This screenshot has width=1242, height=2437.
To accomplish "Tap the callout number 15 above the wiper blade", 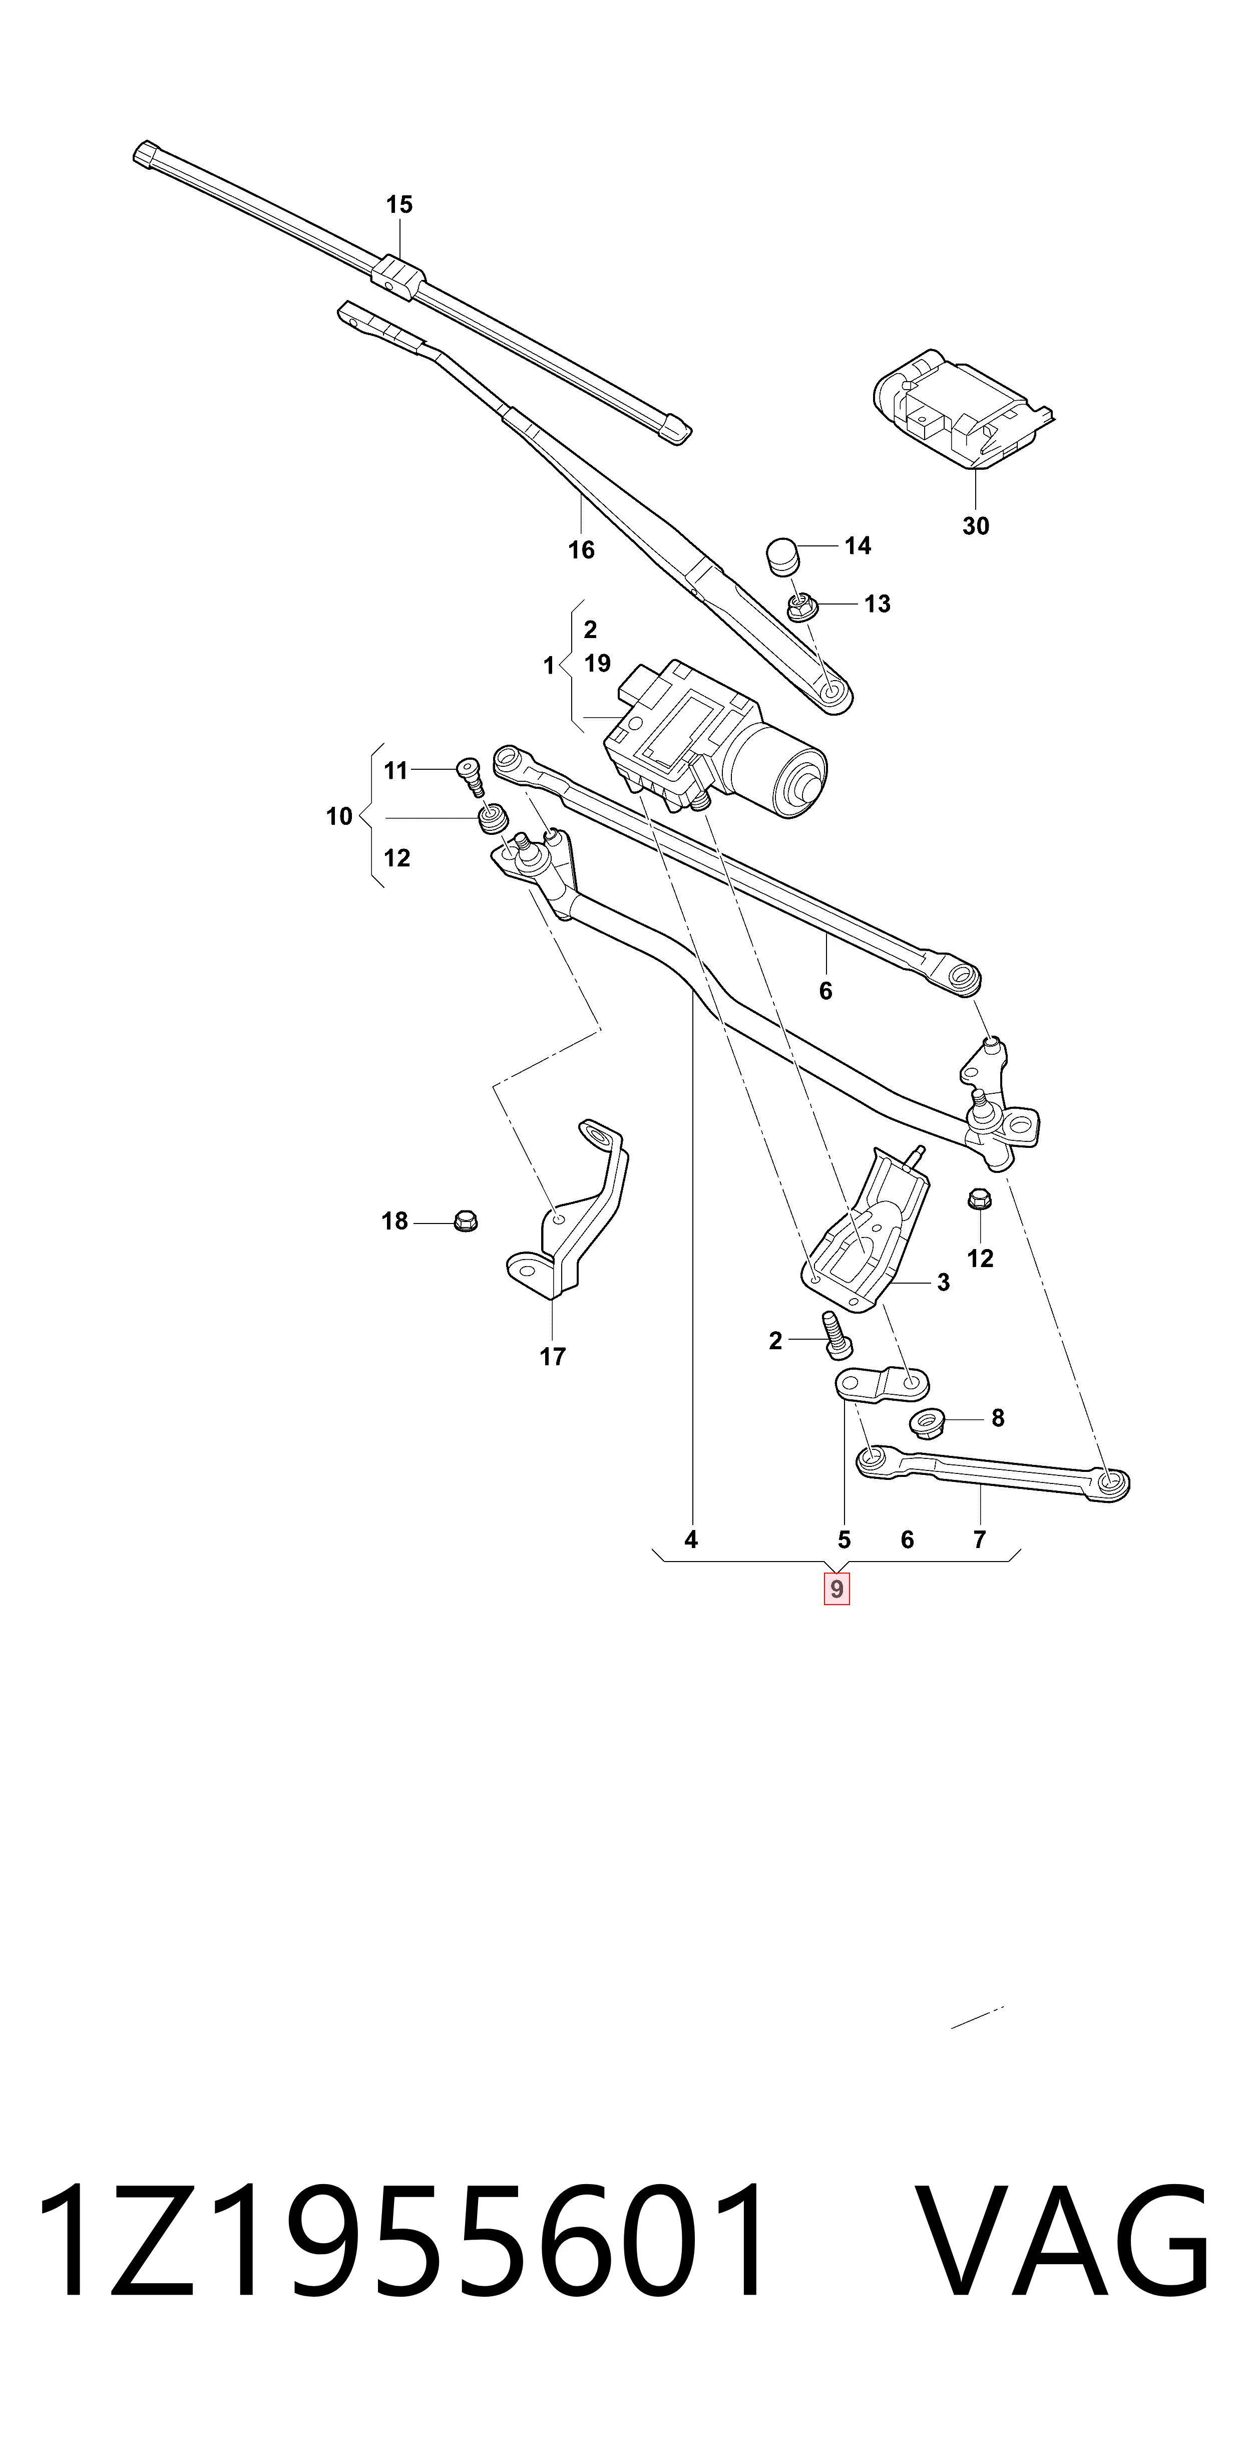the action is point(399,204).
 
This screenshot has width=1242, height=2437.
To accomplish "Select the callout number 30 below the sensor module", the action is point(975,526).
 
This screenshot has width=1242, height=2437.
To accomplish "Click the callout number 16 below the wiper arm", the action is point(581,549).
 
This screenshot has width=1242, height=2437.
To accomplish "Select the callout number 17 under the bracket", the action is point(553,1357).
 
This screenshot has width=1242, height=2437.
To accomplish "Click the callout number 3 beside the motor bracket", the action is point(943,1282).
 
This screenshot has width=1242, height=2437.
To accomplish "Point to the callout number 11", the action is point(395,771).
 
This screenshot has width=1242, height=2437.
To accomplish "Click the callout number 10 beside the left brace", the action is point(338,816).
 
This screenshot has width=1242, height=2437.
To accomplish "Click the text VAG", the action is point(1064,2239).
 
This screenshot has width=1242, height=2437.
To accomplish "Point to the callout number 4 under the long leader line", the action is point(691,1540).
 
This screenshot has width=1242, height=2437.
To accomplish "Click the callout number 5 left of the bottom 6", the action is point(844,1540).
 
